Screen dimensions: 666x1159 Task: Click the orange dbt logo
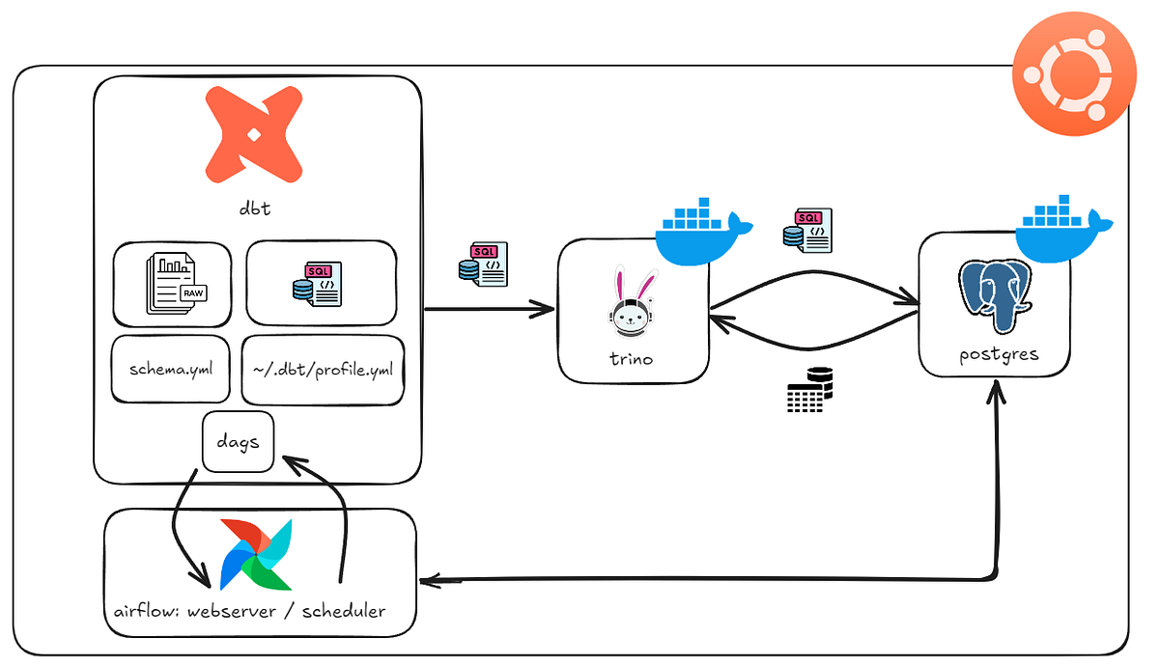[x=256, y=135]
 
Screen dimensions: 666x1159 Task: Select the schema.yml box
[x=170, y=369]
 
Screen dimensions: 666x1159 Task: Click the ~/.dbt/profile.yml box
[x=323, y=369]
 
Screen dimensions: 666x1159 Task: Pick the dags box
[x=238, y=442]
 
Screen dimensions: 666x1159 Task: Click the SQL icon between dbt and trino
[x=483, y=264]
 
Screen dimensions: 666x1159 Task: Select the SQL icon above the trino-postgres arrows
[x=806, y=230]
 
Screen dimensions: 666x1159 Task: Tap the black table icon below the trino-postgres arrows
[x=808, y=391]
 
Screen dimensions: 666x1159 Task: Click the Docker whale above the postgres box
[x=1063, y=228]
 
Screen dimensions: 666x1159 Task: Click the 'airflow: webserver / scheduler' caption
[x=249, y=610]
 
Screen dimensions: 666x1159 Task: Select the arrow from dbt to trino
[x=490, y=310]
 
